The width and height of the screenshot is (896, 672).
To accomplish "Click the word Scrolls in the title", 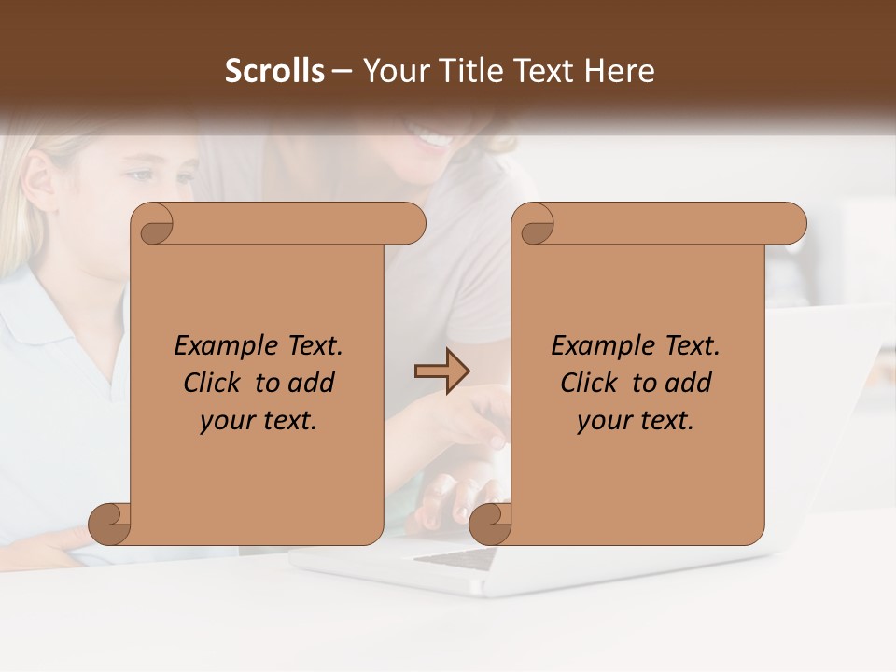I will [274, 71].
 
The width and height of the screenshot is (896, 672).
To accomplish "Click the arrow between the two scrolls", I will [441, 371].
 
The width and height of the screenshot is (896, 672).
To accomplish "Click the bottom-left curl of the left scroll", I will [110, 524].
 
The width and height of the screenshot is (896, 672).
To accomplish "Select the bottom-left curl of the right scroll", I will [490, 524].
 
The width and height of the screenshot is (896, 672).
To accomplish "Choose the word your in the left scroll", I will [227, 421].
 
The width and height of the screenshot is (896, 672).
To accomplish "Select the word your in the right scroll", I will [604, 421].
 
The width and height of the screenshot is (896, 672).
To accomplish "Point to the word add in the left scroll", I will [312, 383].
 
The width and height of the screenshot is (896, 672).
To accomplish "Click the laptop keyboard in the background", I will [457, 558].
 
